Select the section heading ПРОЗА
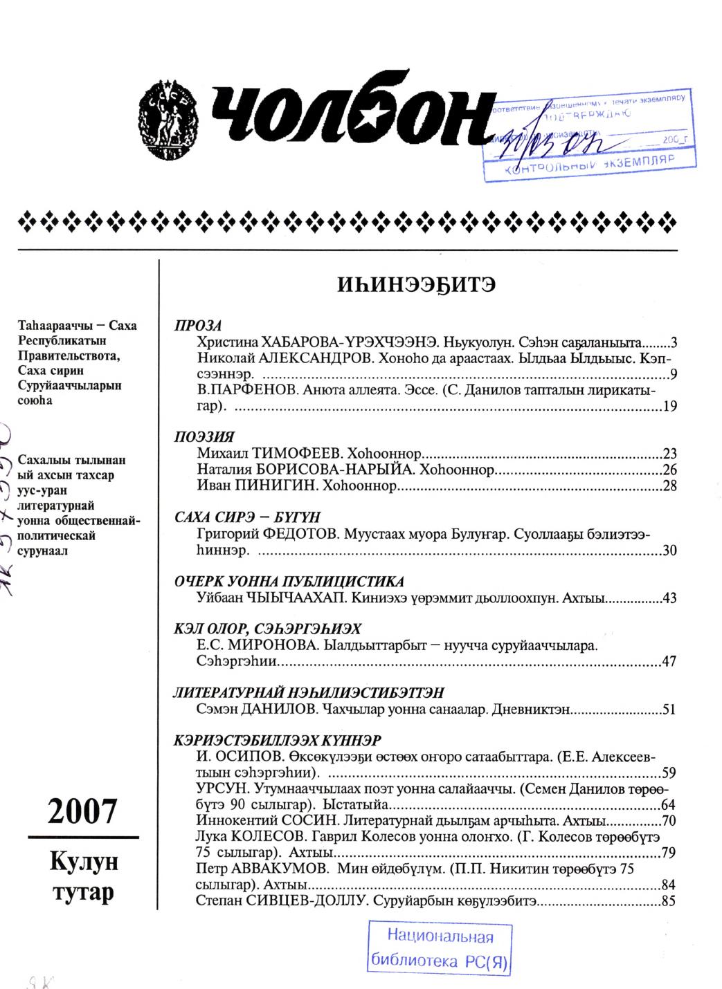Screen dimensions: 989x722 pyautogui.click(x=197, y=326)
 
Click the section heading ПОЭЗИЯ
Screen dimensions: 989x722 pyautogui.click(x=204, y=437)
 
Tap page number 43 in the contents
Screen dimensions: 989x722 pyautogui.click(x=669, y=598)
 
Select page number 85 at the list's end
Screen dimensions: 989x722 pyautogui.click(x=669, y=900)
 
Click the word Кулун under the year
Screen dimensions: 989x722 pyautogui.click(x=84, y=862)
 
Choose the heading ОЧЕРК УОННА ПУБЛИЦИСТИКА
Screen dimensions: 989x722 pyautogui.click(x=289, y=581)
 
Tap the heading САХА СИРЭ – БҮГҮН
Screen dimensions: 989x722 pyautogui.click(x=247, y=517)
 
